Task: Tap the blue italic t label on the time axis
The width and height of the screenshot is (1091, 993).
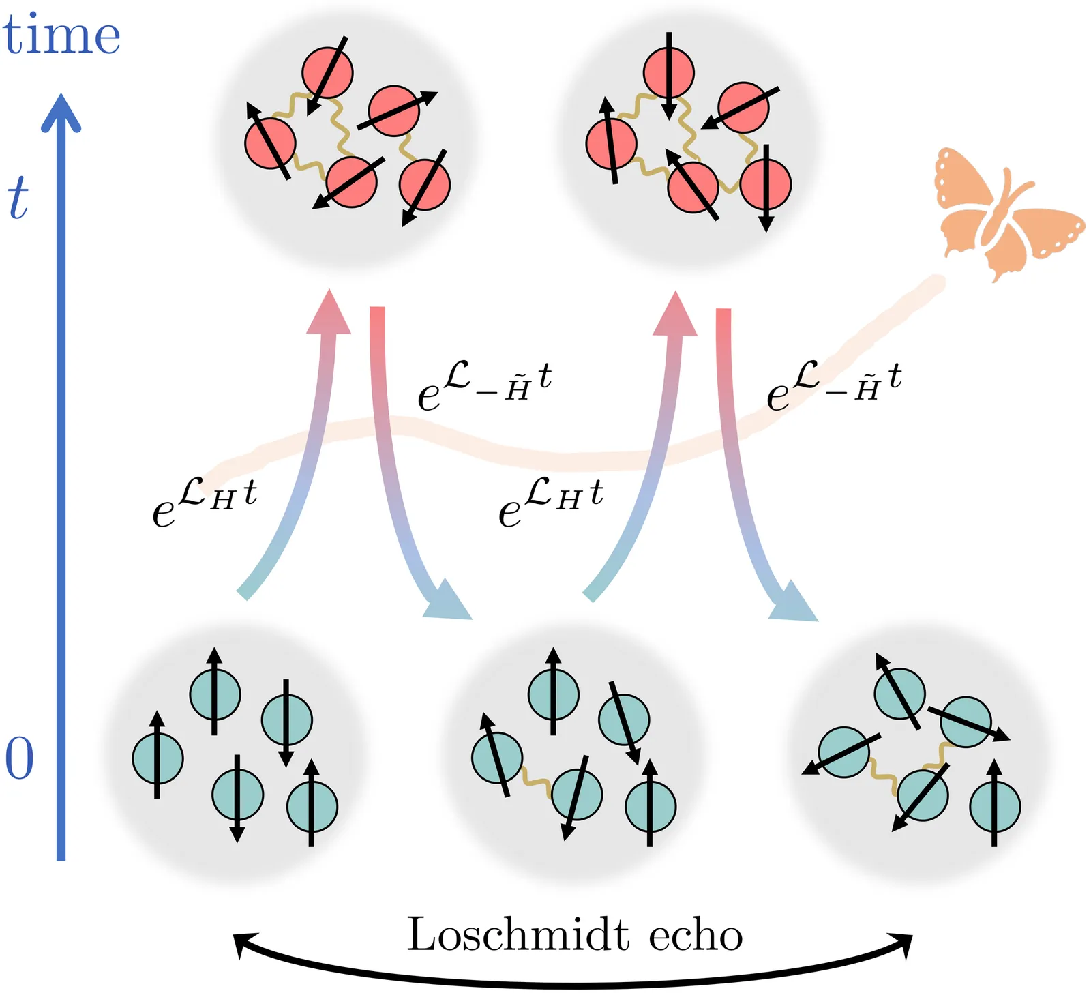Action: coord(18,198)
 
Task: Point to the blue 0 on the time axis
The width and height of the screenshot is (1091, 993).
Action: coord(19,759)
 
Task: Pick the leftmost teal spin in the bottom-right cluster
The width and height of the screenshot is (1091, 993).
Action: coord(844,753)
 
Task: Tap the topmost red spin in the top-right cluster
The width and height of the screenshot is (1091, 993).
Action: coord(669,72)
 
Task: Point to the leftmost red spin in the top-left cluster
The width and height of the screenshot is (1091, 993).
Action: coord(270,143)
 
